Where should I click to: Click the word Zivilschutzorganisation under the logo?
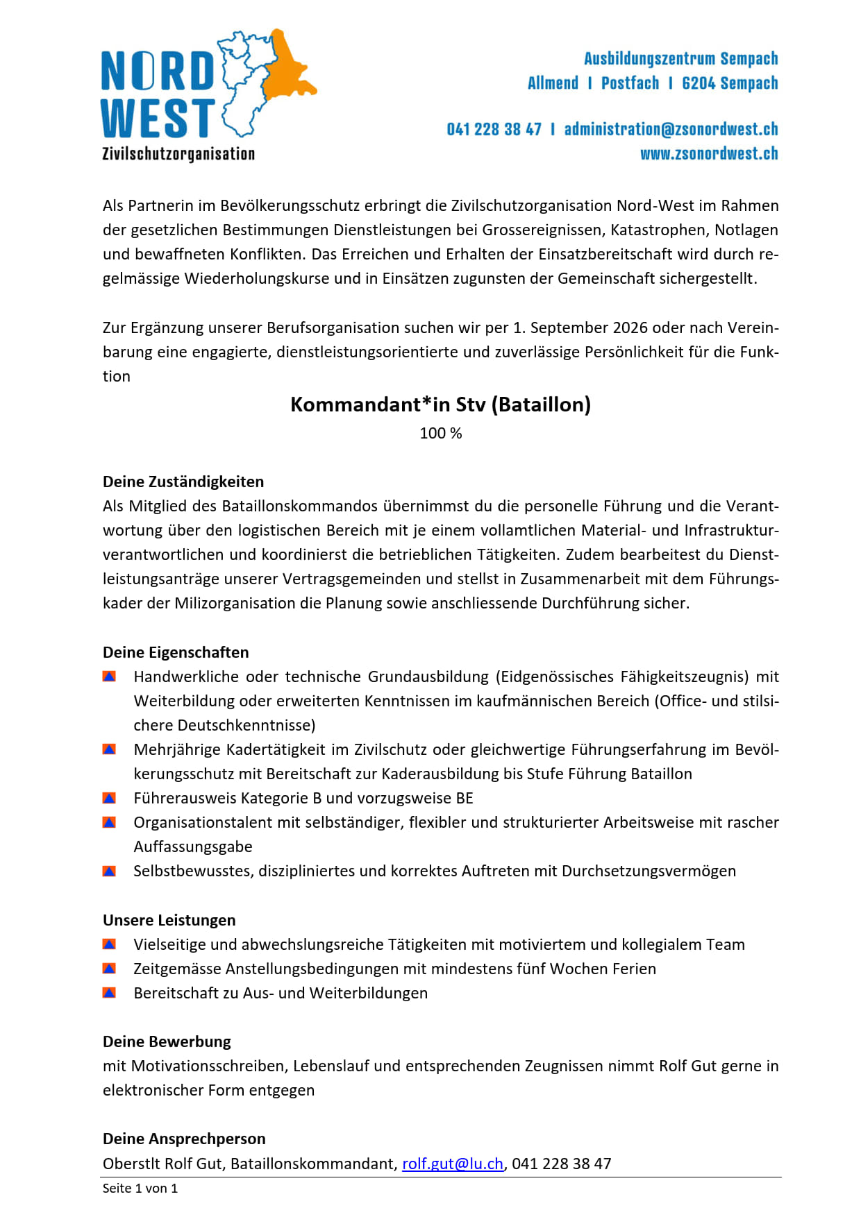tap(178, 153)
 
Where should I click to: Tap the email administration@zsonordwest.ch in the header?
tap(671, 129)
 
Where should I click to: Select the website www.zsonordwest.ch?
tap(709, 153)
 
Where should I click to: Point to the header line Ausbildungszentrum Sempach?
tap(680, 58)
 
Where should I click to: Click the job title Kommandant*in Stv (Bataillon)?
tap(440, 405)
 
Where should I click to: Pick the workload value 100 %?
tap(440, 434)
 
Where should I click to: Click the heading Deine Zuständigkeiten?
tap(183, 482)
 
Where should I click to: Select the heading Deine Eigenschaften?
tap(176, 652)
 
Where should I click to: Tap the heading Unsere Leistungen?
tap(169, 920)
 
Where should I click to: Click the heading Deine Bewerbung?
tap(167, 1041)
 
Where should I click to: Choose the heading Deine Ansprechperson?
tap(184, 1139)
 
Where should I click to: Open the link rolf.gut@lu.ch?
tap(453, 1164)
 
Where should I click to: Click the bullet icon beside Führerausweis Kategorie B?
tap(109, 798)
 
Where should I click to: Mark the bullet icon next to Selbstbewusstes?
tap(109, 871)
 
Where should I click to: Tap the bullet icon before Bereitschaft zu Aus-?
tap(109, 993)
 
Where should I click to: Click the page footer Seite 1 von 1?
tap(140, 1189)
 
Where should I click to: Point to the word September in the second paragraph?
tap(565, 327)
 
